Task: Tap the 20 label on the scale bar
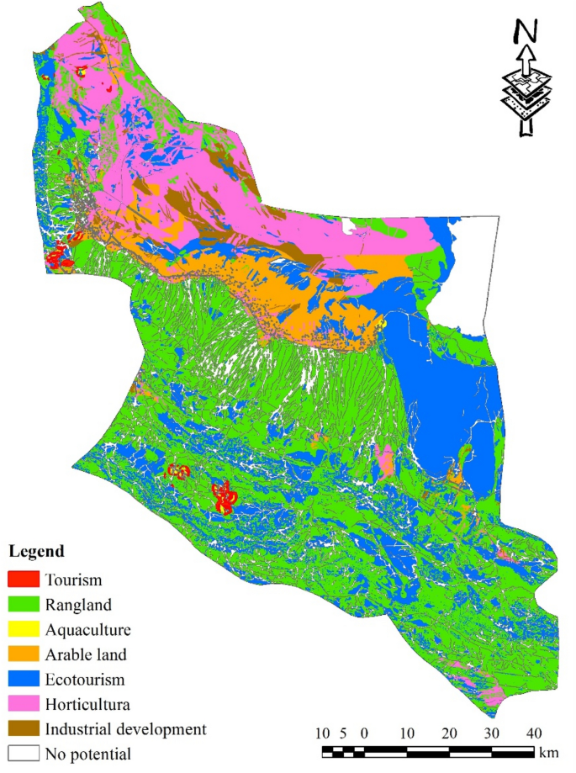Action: pos(449,731)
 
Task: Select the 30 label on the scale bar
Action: pos(492,731)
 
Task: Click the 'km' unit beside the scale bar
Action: pos(549,751)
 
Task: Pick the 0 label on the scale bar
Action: pos(363,731)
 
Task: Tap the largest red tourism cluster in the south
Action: pos(225,498)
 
